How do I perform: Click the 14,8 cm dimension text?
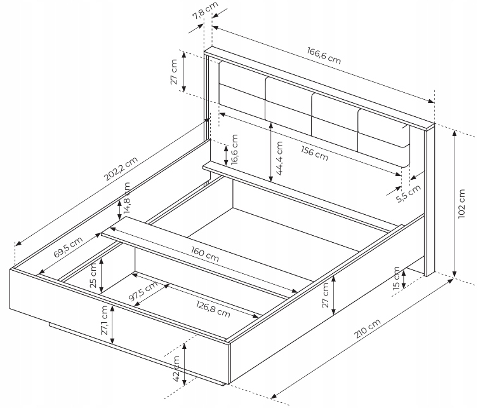pyautogui.click(x=128, y=199)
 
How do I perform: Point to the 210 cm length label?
pyautogui.click(x=366, y=336)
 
